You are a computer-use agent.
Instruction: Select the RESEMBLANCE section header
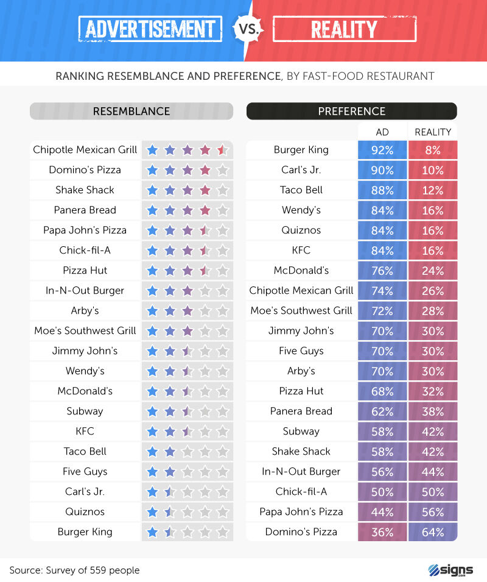pos(131,111)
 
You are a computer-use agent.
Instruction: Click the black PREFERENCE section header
pos(351,111)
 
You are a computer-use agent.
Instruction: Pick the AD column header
pos(382,132)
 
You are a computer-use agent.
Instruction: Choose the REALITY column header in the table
pos(433,132)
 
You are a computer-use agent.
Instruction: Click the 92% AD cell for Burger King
pos(382,150)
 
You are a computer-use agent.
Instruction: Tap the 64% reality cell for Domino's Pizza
pos(433,532)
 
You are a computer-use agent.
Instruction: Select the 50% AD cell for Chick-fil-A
pos(382,492)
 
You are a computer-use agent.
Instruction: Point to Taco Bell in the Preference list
pos(301,190)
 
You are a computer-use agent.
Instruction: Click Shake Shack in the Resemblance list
pos(85,190)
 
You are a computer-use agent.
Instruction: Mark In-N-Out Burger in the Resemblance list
pos(85,291)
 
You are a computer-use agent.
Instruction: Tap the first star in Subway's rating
pos(152,411)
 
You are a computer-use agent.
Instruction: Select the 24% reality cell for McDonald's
pos(433,271)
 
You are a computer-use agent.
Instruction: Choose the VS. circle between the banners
pos(243,29)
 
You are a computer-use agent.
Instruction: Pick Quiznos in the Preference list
pos(301,230)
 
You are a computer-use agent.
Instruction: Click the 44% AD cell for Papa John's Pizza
pos(382,512)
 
